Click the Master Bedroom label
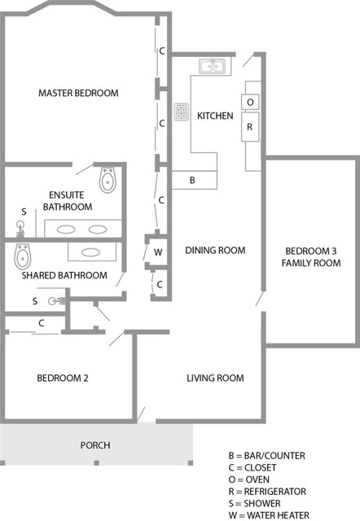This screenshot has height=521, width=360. [x=78, y=93]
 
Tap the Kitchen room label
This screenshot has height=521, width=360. [x=215, y=116]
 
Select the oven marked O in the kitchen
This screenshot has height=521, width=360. [x=250, y=102]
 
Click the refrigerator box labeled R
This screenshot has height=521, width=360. [x=250, y=127]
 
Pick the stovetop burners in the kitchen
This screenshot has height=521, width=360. [x=181, y=111]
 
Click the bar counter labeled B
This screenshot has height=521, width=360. [x=192, y=180]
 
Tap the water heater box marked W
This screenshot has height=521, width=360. [x=159, y=252]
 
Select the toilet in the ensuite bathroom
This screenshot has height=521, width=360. [x=108, y=180]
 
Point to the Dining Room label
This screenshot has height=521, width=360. [x=215, y=250]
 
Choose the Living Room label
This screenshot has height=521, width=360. [x=215, y=378]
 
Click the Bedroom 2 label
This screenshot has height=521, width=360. [x=63, y=378]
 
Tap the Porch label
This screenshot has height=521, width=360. [x=94, y=445]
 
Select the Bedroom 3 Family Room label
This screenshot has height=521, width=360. [x=310, y=256]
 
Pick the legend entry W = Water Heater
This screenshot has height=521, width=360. [x=270, y=515]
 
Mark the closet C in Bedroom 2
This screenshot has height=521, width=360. [x=41, y=323]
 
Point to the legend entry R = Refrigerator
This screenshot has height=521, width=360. [x=268, y=491]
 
